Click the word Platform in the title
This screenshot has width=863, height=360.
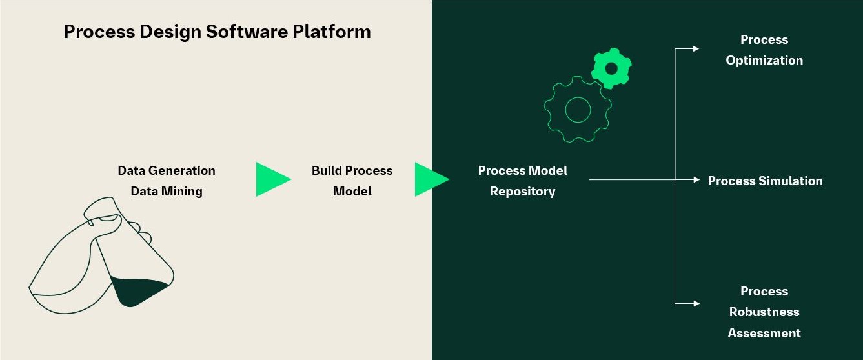[332, 32]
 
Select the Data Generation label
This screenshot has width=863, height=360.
[167, 171]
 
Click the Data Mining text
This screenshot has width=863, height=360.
[167, 192]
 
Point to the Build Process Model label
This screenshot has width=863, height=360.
[352, 181]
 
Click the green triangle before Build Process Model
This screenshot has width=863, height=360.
[271, 179]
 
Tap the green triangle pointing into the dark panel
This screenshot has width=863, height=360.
[430, 179]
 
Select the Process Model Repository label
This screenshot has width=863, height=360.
[522, 181]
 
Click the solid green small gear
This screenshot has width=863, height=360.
[611, 68]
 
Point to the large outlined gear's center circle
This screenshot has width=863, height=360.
[578, 110]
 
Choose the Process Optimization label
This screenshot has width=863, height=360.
[764, 50]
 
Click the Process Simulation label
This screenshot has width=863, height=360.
[765, 181]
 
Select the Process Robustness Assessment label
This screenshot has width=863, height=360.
[764, 312]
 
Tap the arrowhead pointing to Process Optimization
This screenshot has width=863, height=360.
[696, 48]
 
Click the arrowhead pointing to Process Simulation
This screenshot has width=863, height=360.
[696, 180]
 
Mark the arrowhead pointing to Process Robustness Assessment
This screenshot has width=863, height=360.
[696, 303]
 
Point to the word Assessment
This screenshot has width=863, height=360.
[764, 334]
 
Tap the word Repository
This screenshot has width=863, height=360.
[522, 192]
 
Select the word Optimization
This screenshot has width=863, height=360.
[764, 61]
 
